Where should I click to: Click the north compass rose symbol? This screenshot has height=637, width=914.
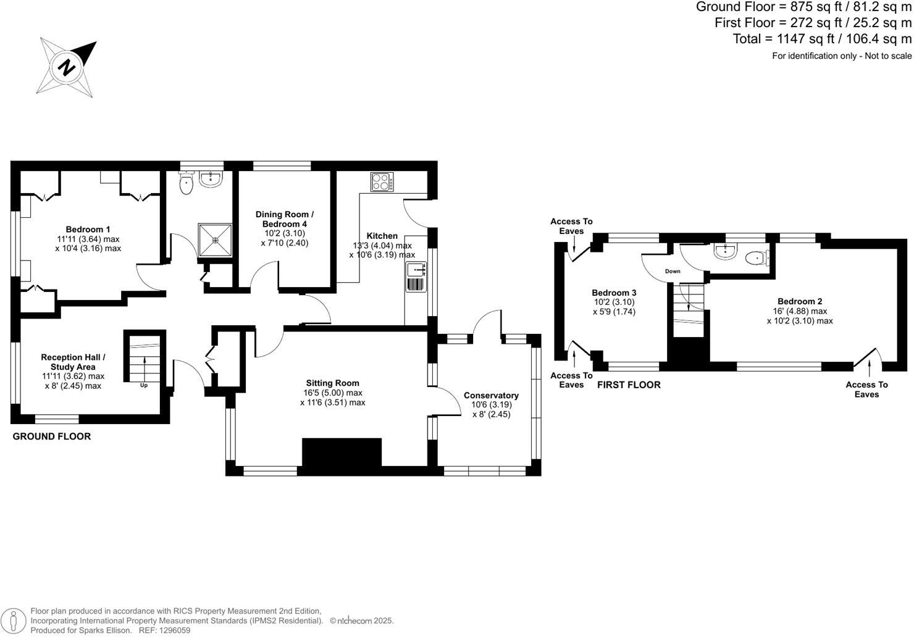(x=67, y=66)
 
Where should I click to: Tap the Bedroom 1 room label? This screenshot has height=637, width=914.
(x=88, y=230)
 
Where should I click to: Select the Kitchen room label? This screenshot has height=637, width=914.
(x=382, y=236)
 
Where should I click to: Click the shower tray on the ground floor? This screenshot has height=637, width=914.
(x=215, y=239)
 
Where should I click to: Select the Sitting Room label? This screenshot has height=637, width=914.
(x=332, y=383)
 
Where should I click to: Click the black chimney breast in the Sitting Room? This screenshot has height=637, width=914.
(x=342, y=453)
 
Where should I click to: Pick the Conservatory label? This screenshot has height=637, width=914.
(x=491, y=396)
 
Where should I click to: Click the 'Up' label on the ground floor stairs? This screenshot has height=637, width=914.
(x=144, y=385)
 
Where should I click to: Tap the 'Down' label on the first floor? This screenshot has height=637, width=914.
(x=673, y=272)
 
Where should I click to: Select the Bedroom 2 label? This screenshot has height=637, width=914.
(x=800, y=302)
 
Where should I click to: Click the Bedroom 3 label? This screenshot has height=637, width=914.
(x=613, y=293)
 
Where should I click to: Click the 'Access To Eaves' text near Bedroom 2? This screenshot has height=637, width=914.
(x=866, y=389)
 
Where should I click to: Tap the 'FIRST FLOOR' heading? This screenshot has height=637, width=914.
(x=629, y=385)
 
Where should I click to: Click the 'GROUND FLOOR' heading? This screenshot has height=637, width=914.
(x=52, y=436)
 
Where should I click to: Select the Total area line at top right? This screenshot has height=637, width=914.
(x=821, y=39)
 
